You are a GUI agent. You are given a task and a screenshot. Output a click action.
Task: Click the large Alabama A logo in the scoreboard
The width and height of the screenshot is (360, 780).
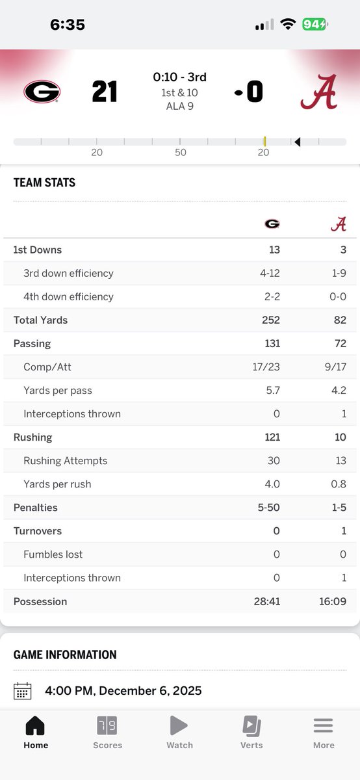point(318,92)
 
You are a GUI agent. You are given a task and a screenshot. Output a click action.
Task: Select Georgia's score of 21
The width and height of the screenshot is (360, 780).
point(104,92)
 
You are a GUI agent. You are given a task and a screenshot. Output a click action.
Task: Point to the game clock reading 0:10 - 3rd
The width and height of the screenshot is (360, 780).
point(179,77)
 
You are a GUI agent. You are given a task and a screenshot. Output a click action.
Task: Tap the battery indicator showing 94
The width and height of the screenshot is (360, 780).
point(315,25)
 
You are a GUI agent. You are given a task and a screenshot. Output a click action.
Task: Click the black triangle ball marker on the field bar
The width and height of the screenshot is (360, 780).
point(297,142)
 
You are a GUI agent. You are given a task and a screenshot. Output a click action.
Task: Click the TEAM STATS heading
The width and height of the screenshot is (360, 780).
point(44,183)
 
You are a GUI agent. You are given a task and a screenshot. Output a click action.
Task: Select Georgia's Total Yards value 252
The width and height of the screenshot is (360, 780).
point(271,320)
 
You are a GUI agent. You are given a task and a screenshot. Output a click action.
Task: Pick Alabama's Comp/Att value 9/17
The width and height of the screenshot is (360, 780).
point(335,367)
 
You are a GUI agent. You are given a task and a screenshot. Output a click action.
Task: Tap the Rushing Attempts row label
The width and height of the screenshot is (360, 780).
point(65,461)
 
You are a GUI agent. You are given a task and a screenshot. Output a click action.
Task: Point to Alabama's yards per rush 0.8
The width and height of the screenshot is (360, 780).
point(338,484)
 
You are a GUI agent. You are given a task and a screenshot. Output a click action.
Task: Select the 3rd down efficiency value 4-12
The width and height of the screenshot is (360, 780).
point(269,273)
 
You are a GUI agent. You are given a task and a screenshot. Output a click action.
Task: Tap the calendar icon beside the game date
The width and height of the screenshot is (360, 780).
point(23,690)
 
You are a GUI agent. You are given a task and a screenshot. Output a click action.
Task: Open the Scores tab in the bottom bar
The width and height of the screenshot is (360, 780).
point(108,731)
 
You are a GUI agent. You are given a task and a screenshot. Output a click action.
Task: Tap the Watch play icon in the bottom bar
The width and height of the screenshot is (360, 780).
point(179,725)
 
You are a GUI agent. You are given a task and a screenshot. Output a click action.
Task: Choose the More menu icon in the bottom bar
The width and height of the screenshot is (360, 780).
point(323,725)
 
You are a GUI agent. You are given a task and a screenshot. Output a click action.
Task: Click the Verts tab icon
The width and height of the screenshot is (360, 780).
point(251,725)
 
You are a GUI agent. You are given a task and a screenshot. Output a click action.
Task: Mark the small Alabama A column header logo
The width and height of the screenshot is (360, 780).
point(338,224)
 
